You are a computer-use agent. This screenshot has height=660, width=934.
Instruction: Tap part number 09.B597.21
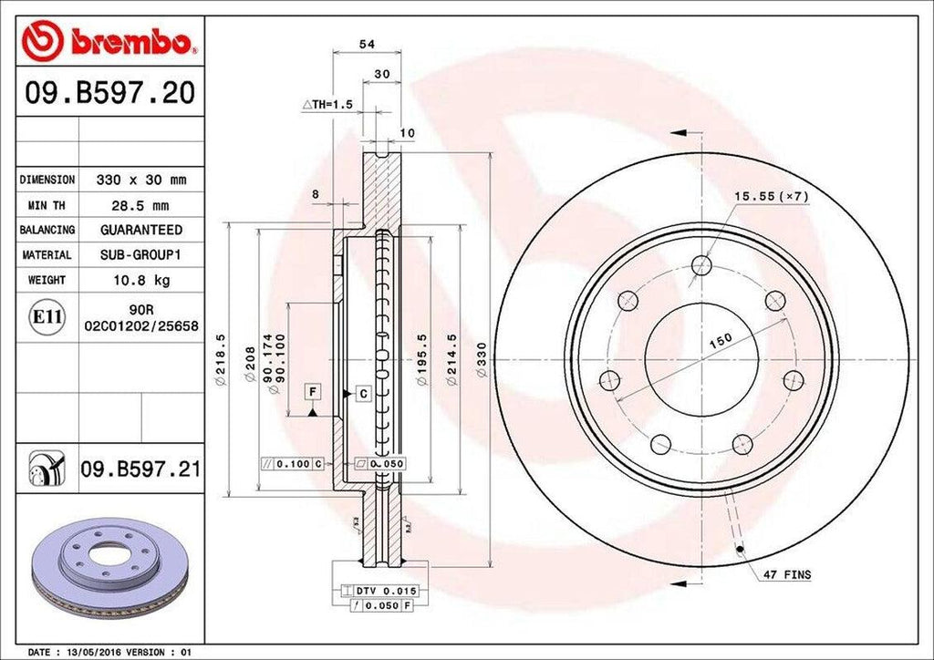140,469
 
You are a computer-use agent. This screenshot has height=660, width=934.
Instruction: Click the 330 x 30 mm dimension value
140,180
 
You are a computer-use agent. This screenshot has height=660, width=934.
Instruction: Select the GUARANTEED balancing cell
140,230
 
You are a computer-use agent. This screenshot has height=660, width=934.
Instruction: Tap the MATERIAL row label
47,254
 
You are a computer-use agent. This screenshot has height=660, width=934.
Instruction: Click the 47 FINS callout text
787,575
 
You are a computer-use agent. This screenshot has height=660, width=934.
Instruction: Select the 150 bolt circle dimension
721,340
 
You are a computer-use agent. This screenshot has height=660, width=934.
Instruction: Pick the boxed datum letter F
312,392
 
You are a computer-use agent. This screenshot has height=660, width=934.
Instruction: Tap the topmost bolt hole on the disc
700,265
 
